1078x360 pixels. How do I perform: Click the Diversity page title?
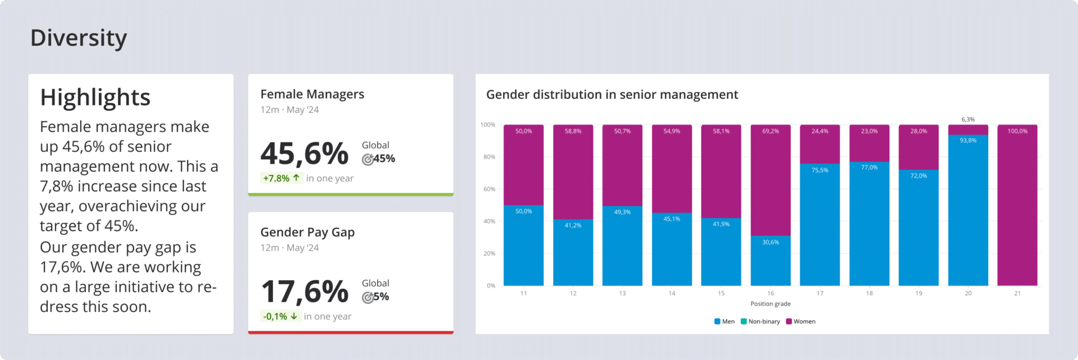point(79,38)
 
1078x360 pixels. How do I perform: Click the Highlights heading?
point(95,98)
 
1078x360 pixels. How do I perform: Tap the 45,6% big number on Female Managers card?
point(304,154)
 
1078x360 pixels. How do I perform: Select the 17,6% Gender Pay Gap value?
point(304,292)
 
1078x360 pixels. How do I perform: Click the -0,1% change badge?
point(280,316)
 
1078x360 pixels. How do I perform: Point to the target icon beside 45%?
point(368,160)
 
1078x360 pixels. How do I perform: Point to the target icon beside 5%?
point(368,298)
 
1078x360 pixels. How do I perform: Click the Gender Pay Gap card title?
point(307,232)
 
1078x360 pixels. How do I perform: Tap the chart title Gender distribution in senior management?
point(611,95)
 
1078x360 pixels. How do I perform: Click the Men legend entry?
point(724,321)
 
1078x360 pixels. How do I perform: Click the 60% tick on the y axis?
point(489,190)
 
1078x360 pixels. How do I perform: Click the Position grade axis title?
point(770,304)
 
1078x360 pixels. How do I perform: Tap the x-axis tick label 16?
point(770,293)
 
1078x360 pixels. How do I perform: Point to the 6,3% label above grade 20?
point(968,119)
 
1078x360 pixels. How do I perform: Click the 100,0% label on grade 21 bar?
point(1017,131)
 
